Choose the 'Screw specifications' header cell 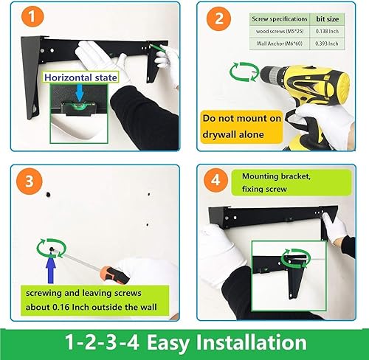(x=269, y=16)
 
